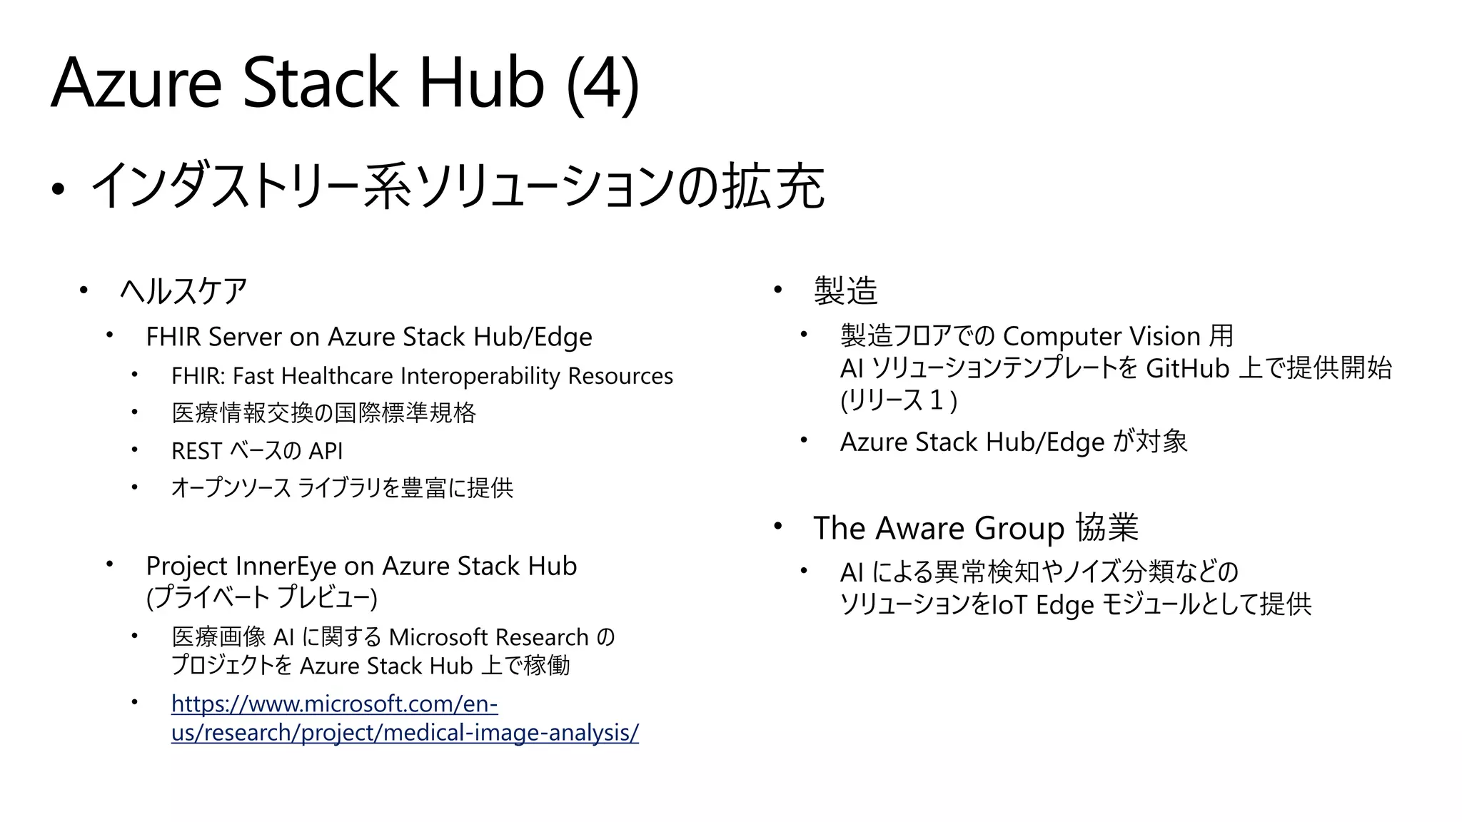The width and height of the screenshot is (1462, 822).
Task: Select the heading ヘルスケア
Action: click(x=183, y=292)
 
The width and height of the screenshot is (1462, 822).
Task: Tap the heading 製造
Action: click(x=845, y=291)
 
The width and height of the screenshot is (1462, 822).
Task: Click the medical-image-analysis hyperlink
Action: click(x=405, y=719)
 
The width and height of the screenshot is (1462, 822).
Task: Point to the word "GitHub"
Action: click(x=1187, y=369)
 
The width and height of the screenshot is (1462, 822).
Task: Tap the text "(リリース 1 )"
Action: click(x=899, y=400)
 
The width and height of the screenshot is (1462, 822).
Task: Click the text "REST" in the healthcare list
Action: click(x=197, y=451)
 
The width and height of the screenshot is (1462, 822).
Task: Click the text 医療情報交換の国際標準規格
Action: click(x=323, y=413)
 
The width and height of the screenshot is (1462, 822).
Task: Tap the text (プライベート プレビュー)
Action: click(x=261, y=597)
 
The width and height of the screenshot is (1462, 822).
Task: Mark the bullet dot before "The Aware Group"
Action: click(x=778, y=527)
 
